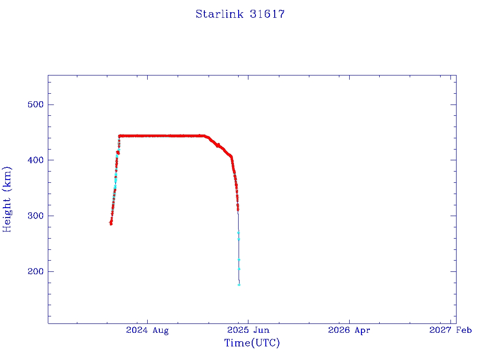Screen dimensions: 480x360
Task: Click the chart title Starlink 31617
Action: [x=240, y=14]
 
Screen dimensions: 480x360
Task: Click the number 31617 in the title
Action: [x=267, y=14]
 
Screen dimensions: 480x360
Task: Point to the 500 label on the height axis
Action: [x=36, y=105]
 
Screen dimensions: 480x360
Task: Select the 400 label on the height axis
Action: [x=36, y=160]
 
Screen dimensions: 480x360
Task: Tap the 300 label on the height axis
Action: [x=36, y=216]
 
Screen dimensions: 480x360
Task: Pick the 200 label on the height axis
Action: [x=36, y=271]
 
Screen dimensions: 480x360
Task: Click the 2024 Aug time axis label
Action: [x=147, y=330]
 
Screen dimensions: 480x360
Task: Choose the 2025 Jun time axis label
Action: [x=248, y=330]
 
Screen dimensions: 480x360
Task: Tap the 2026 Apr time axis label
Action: [x=349, y=330]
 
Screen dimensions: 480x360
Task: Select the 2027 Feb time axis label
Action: [x=450, y=330]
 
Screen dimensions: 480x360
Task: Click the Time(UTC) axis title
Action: [x=252, y=343]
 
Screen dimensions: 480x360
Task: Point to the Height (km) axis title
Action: [x=7, y=199]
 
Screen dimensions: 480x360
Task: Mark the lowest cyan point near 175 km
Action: [x=239, y=285]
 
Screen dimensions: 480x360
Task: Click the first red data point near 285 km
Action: [x=111, y=224]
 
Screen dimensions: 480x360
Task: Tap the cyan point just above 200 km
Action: [x=239, y=269]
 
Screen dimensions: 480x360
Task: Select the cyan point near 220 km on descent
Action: [x=239, y=260]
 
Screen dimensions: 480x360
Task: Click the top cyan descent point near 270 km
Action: [x=238, y=232]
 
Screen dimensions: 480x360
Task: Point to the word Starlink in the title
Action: [x=219, y=14]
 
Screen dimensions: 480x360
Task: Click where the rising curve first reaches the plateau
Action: [x=120, y=136]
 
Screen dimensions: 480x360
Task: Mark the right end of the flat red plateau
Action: [x=204, y=136]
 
